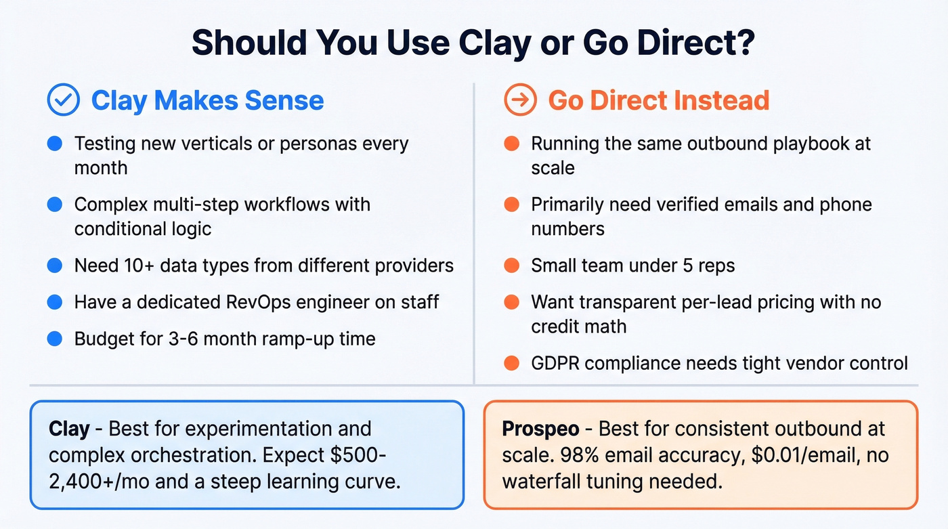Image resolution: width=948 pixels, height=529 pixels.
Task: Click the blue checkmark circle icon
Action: [64, 100]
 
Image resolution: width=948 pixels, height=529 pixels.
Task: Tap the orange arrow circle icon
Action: [521, 100]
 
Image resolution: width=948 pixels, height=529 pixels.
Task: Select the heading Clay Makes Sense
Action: [207, 100]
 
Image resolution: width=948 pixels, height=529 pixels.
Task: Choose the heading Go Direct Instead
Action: [658, 100]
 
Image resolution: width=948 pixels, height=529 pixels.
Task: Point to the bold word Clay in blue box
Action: [69, 429]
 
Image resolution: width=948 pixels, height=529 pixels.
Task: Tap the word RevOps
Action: [304, 301]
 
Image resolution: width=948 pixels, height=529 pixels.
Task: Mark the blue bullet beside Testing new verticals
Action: [55, 144]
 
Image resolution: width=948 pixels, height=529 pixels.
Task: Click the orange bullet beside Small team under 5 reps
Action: [512, 265]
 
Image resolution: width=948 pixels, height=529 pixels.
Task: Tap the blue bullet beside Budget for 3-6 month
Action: [55, 338]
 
